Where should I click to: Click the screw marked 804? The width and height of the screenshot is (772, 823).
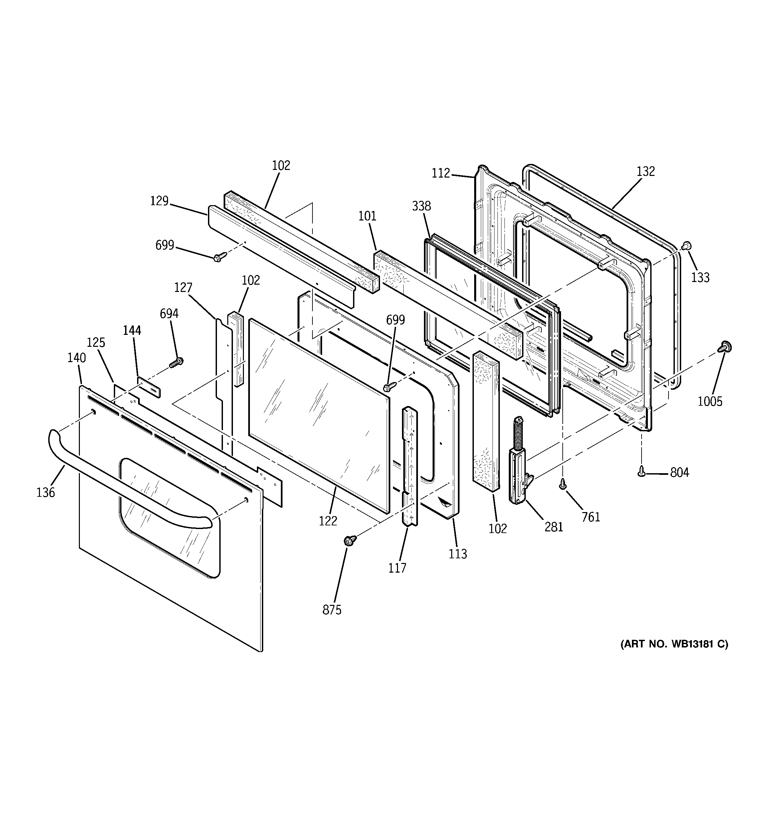click(x=642, y=471)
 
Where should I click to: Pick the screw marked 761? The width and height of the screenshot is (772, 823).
click(x=563, y=483)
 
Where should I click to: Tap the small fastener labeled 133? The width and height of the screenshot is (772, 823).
click(x=686, y=246)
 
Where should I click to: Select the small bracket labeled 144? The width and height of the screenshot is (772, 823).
click(x=148, y=387)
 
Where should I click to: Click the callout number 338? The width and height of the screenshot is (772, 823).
click(x=421, y=206)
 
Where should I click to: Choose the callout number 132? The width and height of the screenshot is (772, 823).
click(x=646, y=171)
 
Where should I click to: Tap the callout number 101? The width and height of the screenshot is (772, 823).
click(x=367, y=216)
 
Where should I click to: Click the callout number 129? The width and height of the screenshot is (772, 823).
click(x=159, y=201)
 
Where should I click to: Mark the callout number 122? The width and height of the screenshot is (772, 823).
click(x=328, y=521)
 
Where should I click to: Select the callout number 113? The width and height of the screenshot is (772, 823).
click(x=458, y=554)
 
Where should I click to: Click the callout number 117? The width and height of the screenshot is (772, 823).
click(x=397, y=568)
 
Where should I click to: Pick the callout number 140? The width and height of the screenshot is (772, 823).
click(x=77, y=358)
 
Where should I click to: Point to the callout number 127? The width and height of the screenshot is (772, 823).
click(x=183, y=287)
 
